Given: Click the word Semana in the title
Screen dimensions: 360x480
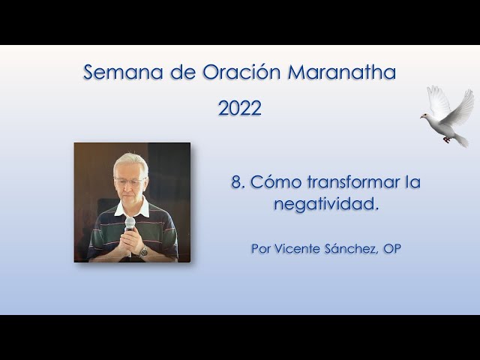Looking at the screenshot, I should (x=115, y=73).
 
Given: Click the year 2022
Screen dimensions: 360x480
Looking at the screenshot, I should (x=240, y=109).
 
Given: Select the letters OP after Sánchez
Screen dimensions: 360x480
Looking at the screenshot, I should (x=391, y=249).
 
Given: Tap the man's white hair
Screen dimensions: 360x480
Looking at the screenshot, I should (x=130, y=162).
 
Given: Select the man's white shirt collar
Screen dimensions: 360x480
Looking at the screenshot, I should (x=142, y=206).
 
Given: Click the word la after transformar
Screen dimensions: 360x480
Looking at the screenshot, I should (x=412, y=182).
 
